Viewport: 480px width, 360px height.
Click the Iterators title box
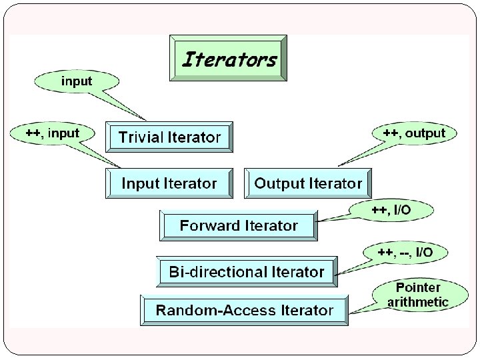(229, 59)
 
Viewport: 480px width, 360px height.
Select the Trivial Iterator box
(169, 137)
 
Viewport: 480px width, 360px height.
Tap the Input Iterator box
(169, 183)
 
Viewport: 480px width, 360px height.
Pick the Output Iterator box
(308, 183)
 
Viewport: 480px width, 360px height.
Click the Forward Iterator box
(239, 225)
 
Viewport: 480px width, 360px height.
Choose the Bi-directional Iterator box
(247, 271)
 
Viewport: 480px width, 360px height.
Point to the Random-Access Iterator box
(244, 310)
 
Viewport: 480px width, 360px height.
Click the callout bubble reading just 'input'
(77, 81)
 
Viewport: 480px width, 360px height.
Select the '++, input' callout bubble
(52, 133)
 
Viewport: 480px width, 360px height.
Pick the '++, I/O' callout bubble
(391, 211)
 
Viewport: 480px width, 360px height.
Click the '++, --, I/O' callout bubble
(405, 252)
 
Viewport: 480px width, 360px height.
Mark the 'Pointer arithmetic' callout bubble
(418, 295)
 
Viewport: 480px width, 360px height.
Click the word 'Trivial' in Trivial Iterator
(141, 137)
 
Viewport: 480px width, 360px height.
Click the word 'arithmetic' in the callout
(418, 301)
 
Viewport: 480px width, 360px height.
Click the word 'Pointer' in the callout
(418, 287)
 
